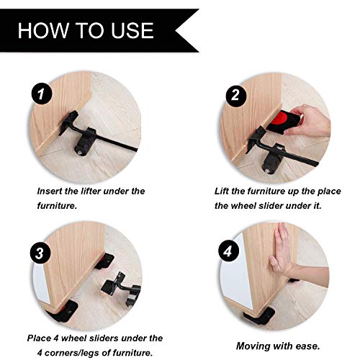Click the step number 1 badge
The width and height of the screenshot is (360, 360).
point(42,94)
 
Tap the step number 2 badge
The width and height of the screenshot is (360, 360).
point(235,95)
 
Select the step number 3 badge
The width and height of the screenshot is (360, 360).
point(40,253)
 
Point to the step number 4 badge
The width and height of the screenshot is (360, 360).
point(228,251)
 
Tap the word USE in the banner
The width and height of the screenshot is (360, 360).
point(132,30)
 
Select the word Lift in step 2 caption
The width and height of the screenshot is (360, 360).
point(221,192)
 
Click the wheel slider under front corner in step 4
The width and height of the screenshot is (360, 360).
point(259,315)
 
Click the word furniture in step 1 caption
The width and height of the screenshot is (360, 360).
point(57,206)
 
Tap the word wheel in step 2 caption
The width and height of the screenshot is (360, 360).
point(242,206)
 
